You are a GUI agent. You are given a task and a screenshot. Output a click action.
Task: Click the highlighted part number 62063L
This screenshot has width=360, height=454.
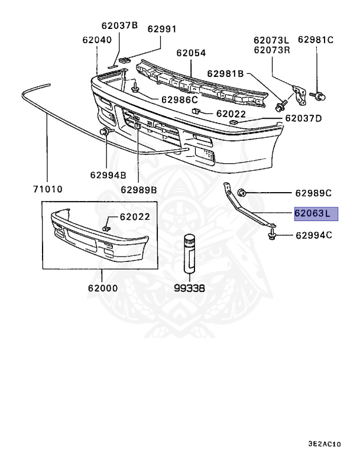coord(316,213)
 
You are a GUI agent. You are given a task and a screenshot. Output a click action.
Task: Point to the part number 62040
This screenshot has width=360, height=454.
coord(97,40)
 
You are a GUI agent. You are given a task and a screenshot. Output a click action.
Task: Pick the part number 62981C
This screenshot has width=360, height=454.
coord(316,40)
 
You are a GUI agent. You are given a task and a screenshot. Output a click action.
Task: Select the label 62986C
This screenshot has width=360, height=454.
coord(178,99)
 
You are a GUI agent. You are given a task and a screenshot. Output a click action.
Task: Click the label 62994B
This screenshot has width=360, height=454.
coord(108,174)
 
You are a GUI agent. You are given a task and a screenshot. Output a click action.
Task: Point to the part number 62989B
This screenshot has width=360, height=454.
coord(138,190)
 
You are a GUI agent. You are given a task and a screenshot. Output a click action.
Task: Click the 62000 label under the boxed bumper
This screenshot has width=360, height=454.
coord(102,289)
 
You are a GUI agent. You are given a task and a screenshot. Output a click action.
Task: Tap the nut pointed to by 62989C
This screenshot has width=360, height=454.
coord(242,192)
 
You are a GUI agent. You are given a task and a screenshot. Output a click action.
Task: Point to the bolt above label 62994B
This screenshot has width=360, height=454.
coord(106,131)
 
